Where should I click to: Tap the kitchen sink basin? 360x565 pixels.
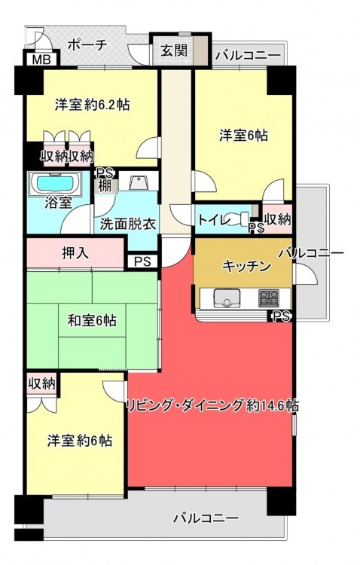pyautogui.click(x=227, y=298)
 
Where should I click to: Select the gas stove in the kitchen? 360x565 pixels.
pyautogui.click(x=268, y=298)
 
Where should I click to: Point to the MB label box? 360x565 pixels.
pyautogui.click(x=41, y=59)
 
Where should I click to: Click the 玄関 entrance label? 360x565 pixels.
pyautogui.click(x=174, y=50)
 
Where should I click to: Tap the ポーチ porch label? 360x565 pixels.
pyautogui.click(x=87, y=45)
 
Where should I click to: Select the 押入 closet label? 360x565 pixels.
pyautogui.click(x=75, y=253)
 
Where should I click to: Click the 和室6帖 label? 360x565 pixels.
pyautogui.click(x=92, y=320)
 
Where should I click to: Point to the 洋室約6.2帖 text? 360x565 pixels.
pyautogui.click(x=92, y=105)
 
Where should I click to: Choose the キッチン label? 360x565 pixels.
pyautogui.click(x=246, y=266)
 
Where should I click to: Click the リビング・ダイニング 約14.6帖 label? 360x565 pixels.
pyautogui.click(x=212, y=406)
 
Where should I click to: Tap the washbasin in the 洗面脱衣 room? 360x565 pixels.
pyautogui.click(x=137, y=182)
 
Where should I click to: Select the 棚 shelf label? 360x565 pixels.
pyautogui.click(x=105, y=185)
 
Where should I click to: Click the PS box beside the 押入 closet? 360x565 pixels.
pyautogui.click(x=142, y=261)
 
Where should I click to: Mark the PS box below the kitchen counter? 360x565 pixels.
pyautogui.click(x=281, y=316)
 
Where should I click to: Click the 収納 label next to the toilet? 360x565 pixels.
pyautogui.click(x=277, y=219)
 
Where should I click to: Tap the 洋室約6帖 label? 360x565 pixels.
pyautogui.click(x=79, y=441)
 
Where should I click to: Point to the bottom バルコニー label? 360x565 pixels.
pyautogui.click(x=206, y=518)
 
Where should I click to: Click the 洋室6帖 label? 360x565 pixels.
pyautogui.click(x=243, y=136)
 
